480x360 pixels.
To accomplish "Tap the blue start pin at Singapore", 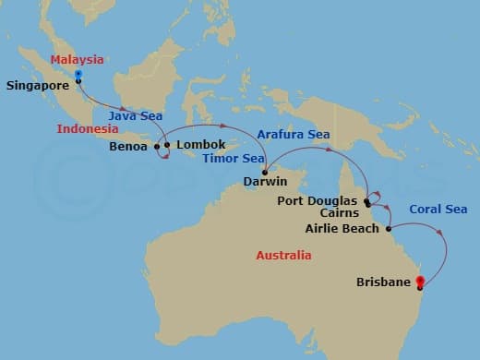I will pyautogui.click(x=78, y=74).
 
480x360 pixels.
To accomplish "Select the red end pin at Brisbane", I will pyautogui.click(x=420, y=282).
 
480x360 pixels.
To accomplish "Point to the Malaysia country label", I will pyautogui.click(x=77, y=60).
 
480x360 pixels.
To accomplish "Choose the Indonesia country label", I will pyautogui.click(x=88, y=128).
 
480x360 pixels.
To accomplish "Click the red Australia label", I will pyautogui.click(x=282, y=255).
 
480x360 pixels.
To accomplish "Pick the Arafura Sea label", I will pyautogui.click(x=294, y=135).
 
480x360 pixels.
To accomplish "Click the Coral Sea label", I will pyautogui.click(x=438, y=210).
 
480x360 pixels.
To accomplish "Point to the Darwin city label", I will pyautogui.click(x=266, y=183).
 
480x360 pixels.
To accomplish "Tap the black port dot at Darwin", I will pyautogui.click(x=265, y=172).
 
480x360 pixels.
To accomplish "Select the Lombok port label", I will pyautogui.click(x=200, y=145).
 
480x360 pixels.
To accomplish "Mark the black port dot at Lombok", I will pyautogui.click(x=167, y=145).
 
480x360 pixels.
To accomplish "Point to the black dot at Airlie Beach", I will pyautogui.click(x=389, y=228).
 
